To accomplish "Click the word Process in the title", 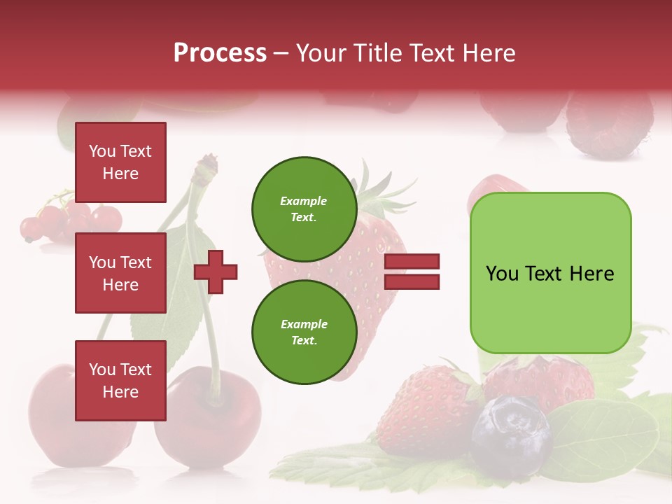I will pos(220,52).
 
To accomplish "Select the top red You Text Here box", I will pos(120,162).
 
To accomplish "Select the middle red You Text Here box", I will pos(120,273).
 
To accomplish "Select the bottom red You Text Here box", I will pos(120,381).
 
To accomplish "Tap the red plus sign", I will pos(216,272).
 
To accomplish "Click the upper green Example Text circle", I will pos(304,209).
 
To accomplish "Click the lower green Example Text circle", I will pos(304,332).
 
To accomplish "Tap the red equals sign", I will pos(412,272).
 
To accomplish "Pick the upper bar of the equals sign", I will pos(412,262).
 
